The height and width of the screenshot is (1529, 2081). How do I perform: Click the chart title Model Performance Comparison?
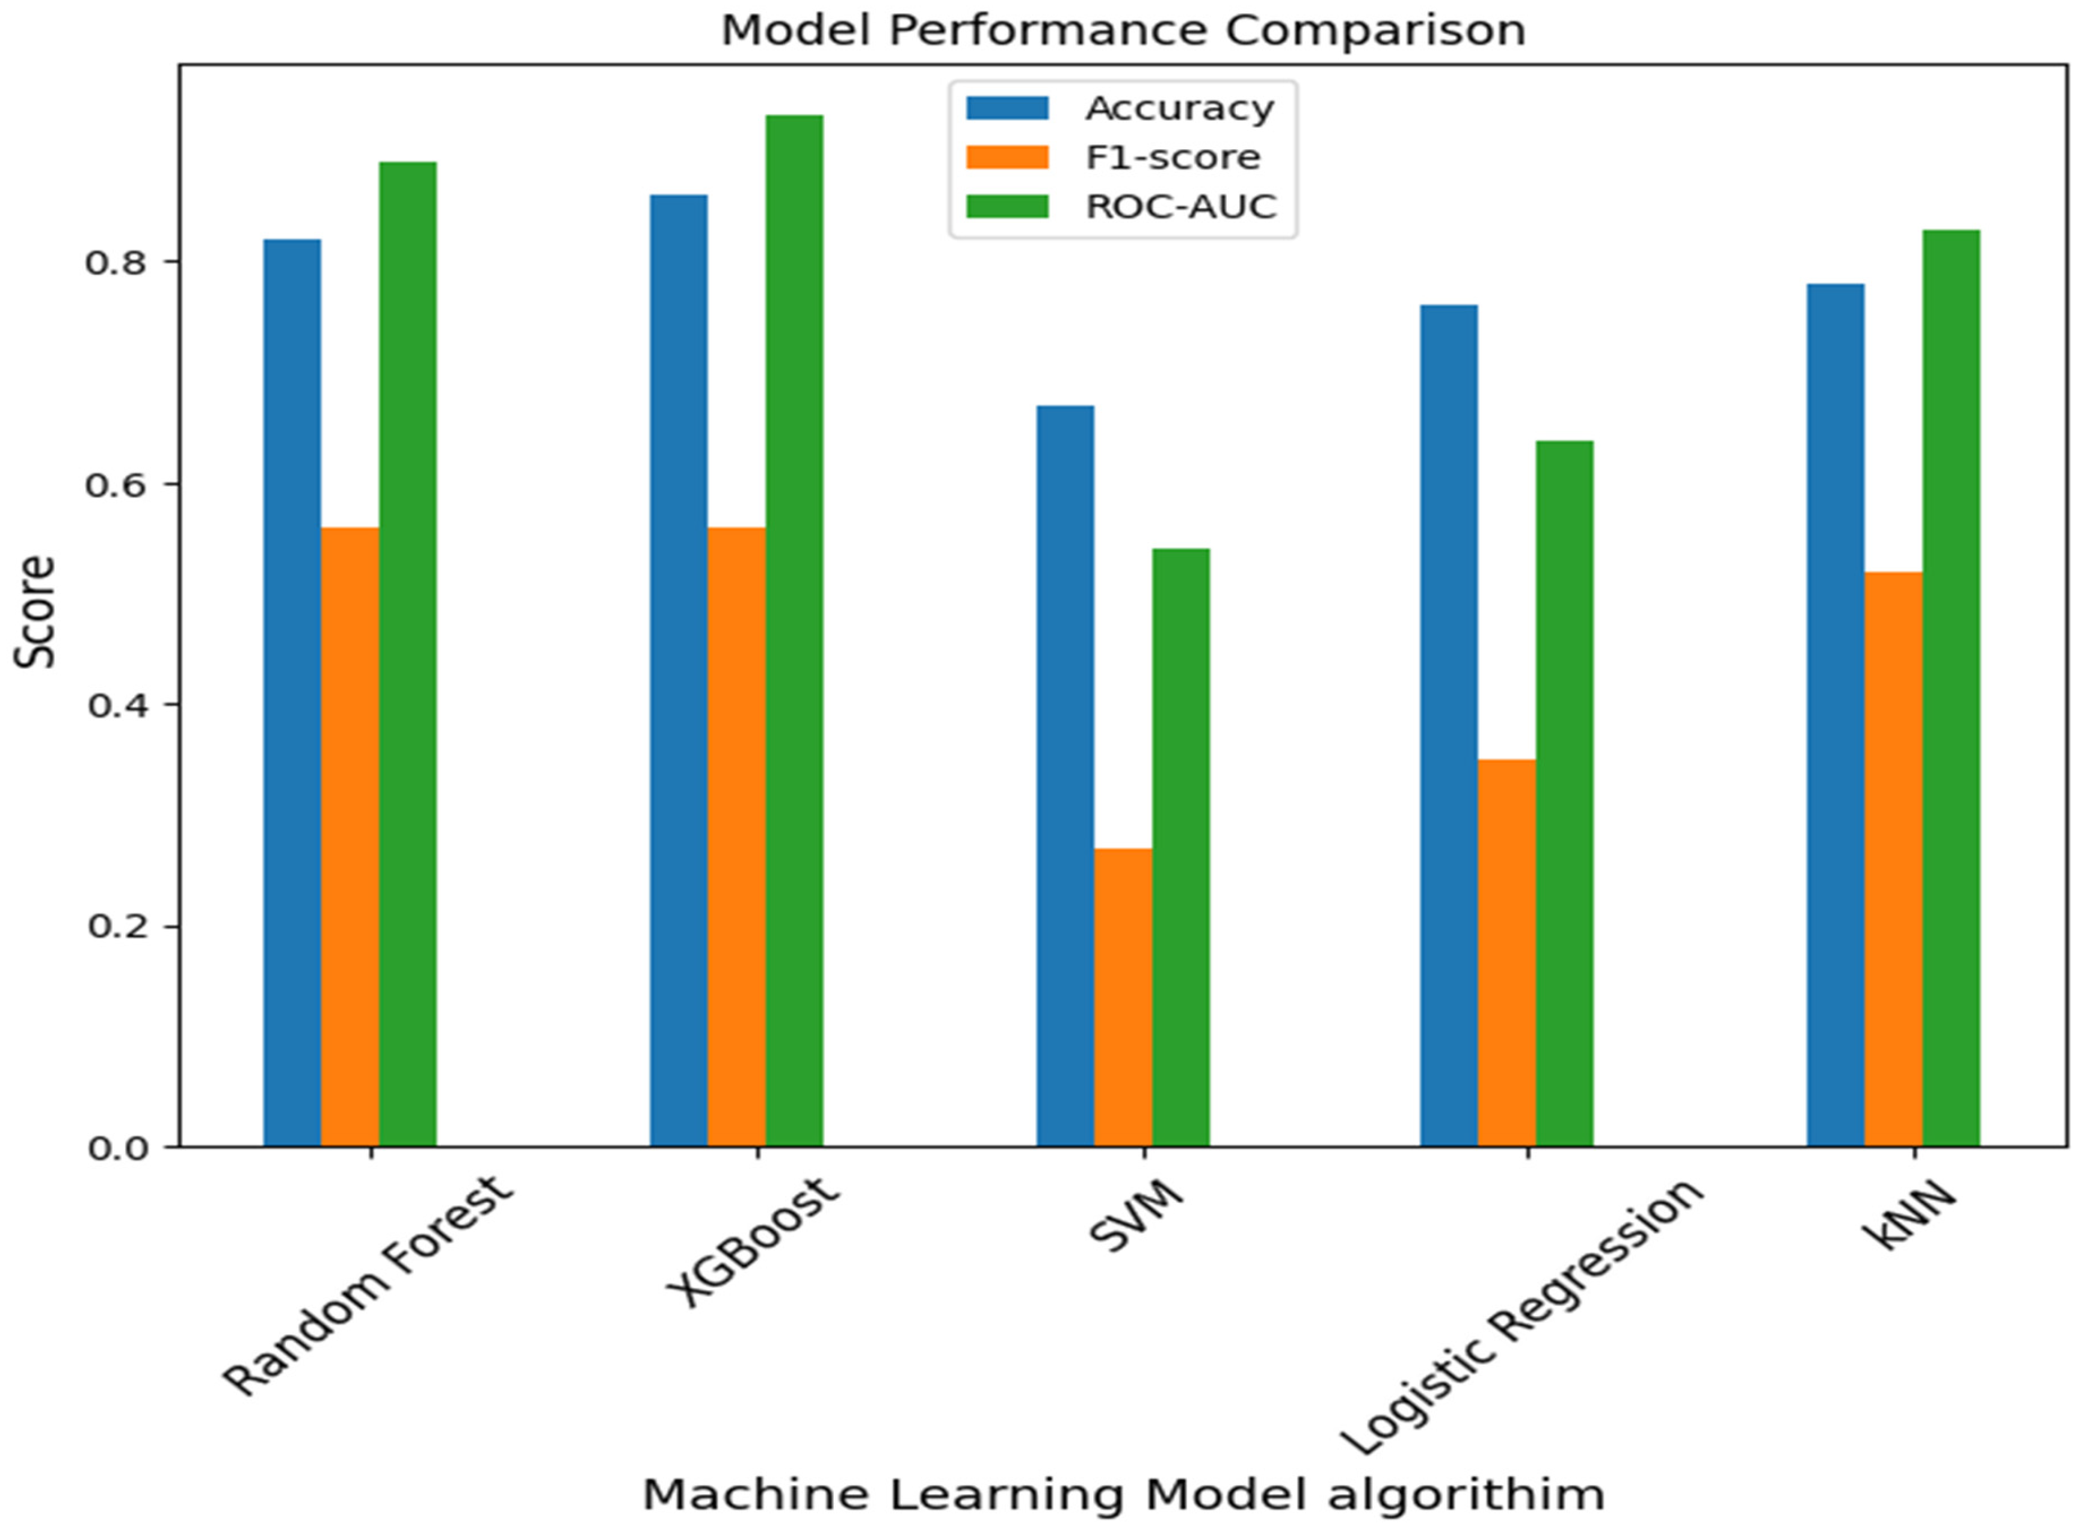[x=1122, y=31]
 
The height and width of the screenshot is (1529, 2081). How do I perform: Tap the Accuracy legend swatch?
[x=1007, y=108]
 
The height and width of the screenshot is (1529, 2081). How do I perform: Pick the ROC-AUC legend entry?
[x=1180, y=206]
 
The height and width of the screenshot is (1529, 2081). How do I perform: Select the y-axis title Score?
[x=35, y=611]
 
